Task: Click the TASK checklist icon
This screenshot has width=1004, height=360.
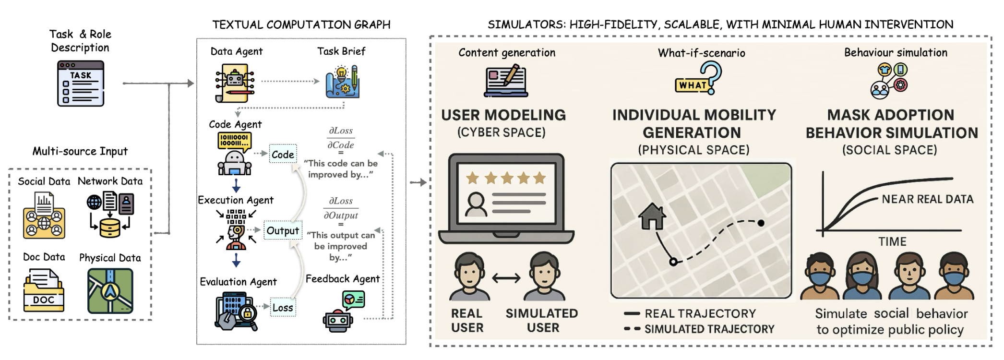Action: (x=81, y=84)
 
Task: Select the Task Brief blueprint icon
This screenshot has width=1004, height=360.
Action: (x=342, y=82)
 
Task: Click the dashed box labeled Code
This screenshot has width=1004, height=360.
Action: (x=283, y=154)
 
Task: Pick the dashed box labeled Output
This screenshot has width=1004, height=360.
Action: (x=283, y=231)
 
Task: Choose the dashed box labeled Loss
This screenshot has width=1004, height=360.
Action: (x=283, y=308)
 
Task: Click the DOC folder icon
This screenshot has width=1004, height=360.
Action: (x=44, y=290)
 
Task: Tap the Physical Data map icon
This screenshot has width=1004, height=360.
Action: (x=110, y=290)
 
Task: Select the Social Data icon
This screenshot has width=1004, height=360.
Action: (x=44, y=216)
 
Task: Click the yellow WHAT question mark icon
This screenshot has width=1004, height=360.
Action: (x=698, y=80)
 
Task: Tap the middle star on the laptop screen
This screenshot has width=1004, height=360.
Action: (x=507, y=179)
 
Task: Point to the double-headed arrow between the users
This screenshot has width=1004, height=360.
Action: (x=506, y=278)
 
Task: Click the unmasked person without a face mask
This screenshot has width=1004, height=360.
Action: (x=909, y=276)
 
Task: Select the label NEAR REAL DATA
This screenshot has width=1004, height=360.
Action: (x=927, y=199)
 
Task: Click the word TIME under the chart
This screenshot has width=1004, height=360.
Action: (x=892, y=241)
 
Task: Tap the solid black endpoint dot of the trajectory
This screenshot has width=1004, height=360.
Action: (x=761, y=223)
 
